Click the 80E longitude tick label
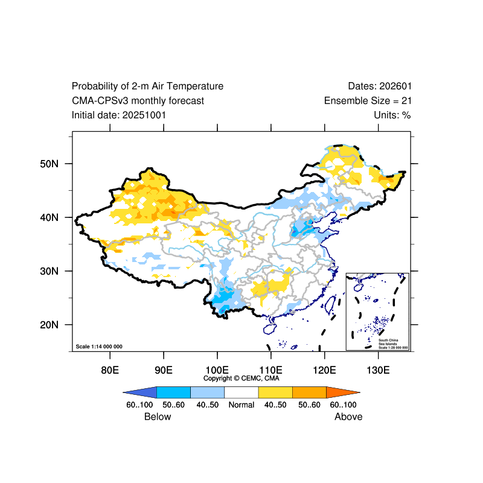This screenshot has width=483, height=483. tap(109, 369)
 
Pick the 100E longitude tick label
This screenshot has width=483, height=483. tap(217, 369)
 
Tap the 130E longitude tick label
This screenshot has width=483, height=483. tap(378, 369)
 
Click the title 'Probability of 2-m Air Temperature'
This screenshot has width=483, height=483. tap(147, 86)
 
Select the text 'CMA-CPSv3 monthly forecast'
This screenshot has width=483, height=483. tap(138, 101)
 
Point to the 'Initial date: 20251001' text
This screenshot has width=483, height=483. tap(119, 115)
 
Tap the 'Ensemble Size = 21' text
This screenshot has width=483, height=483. tap(368, 101)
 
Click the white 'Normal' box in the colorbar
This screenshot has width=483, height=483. tap(241, 392)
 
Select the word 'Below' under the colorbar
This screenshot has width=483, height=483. tap(158, 417)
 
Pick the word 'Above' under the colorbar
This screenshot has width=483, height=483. tap(348, 417)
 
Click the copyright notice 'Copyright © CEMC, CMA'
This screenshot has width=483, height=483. tap(241, 378)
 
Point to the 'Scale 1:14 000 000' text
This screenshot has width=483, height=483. tap(99, 347)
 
